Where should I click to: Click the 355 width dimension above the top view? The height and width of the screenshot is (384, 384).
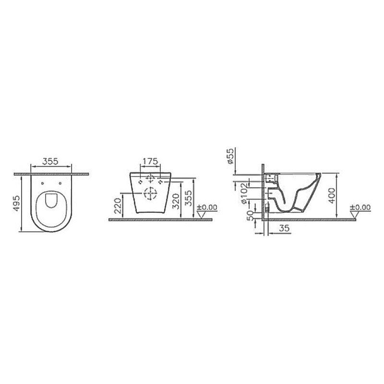pos(50,161)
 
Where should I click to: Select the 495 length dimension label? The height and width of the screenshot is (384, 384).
pos(16,204)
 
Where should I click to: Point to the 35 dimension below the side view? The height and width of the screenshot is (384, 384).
pos(283,230)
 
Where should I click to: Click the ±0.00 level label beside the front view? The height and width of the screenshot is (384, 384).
pos(207,207)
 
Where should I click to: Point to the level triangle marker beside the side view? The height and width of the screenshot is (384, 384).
pos(355,215)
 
